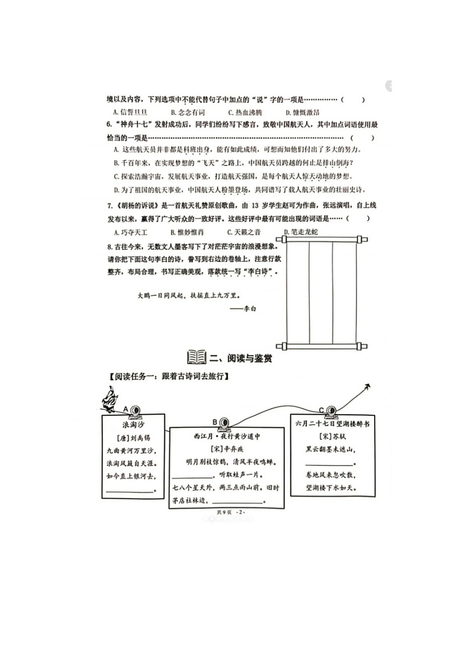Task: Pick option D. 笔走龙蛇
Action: click(301, 232)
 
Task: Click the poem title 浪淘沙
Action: click(133, 425)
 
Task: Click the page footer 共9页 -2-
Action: click(231, 512)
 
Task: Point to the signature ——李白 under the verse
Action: click(243, 309)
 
